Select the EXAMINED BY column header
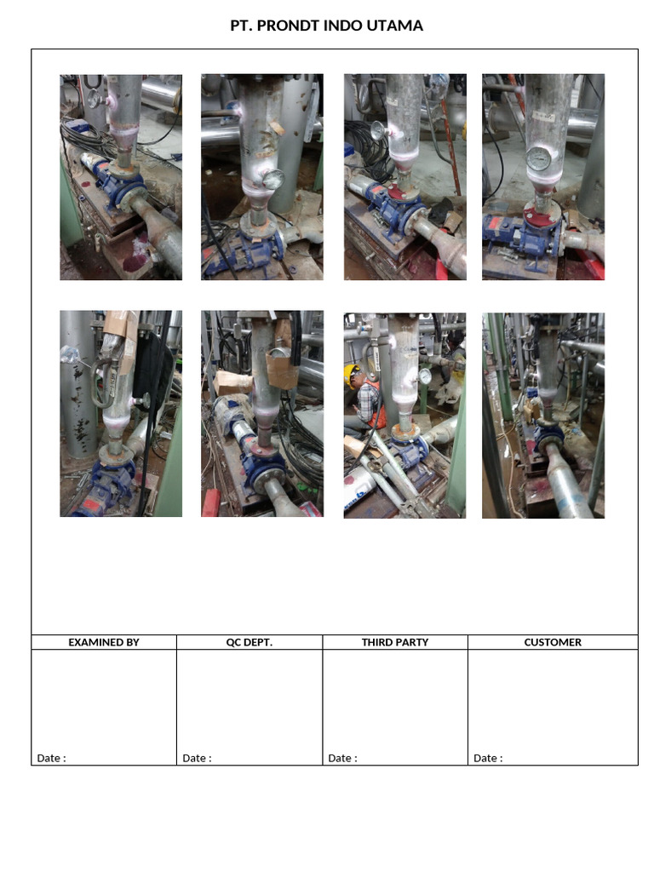[104, 642]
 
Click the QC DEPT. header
[250, 642]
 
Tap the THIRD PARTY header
[395, 642]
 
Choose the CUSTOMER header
[553, 642]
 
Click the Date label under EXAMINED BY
[51, 758]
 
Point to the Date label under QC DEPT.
[197, 758]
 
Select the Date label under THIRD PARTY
[342, 758]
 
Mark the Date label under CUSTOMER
[488, 758]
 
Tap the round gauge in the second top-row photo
[273, 179]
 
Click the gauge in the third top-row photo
[377, 130]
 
